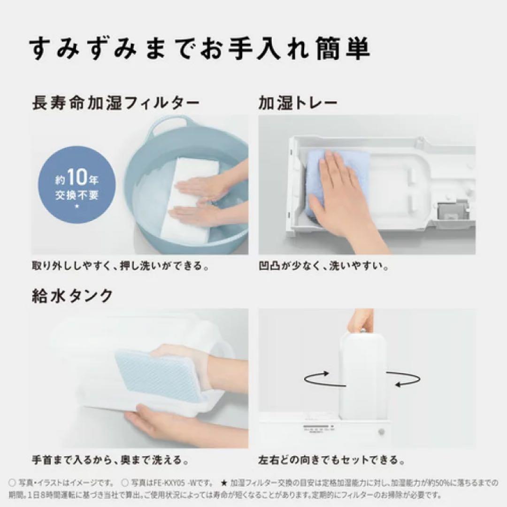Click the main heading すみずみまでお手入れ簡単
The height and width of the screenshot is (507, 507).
(199, 48)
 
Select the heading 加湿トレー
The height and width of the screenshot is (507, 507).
(298, 103)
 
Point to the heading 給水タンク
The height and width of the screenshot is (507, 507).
(72, 296)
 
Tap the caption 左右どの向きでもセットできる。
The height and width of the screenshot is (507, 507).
(331, 458)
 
